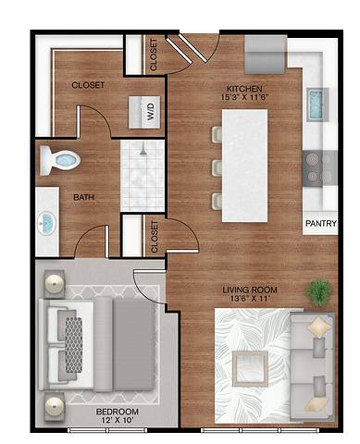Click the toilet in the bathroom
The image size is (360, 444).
point(64,160)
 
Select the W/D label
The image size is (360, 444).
point(149,112)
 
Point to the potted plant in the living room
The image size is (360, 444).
point(320,291)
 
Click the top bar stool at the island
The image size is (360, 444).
point(217,136)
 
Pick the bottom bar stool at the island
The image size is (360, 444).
point(217,199)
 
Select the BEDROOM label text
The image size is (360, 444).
point(117,411)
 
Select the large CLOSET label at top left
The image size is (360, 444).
point(88,85)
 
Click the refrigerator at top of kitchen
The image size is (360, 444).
point(265,57)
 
